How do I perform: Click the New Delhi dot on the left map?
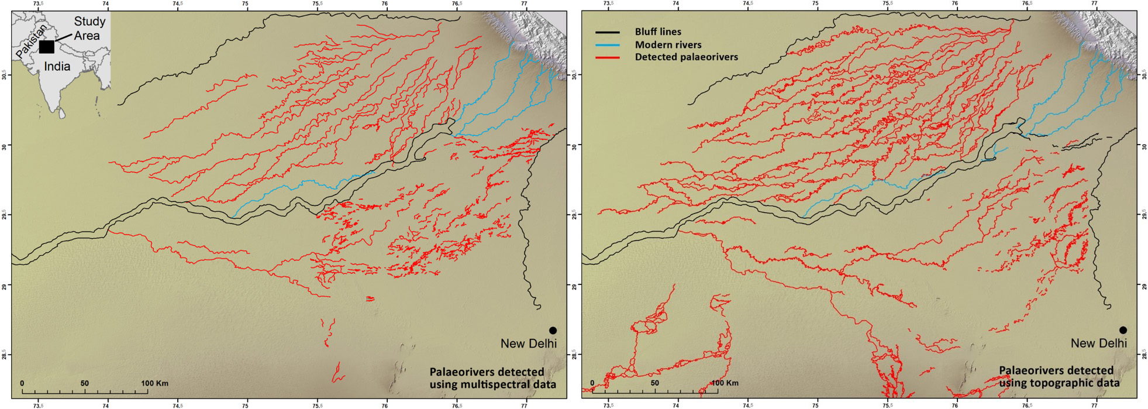tap(553, 331)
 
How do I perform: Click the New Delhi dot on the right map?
tap(1123, 330)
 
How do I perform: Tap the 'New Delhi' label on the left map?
tap(528, 343)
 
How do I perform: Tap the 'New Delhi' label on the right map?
tap(1098, 343)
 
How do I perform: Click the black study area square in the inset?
tap(47, 47)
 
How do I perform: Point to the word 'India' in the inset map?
tap(57, 67)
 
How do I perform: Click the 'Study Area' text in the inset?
tap(88, 28)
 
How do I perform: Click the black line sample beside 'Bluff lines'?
tap(607, 32)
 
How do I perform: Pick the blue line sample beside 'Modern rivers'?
tap(607, 45)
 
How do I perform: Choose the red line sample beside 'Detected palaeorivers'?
tap(607, 57)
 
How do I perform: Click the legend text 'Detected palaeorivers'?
tap(686, 57)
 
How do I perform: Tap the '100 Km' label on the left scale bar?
tap(154, 383)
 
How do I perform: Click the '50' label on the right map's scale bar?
tap(654, 383)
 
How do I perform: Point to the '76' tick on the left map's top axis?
tap(385, 4)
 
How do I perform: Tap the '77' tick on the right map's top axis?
tap(1094, 4)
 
